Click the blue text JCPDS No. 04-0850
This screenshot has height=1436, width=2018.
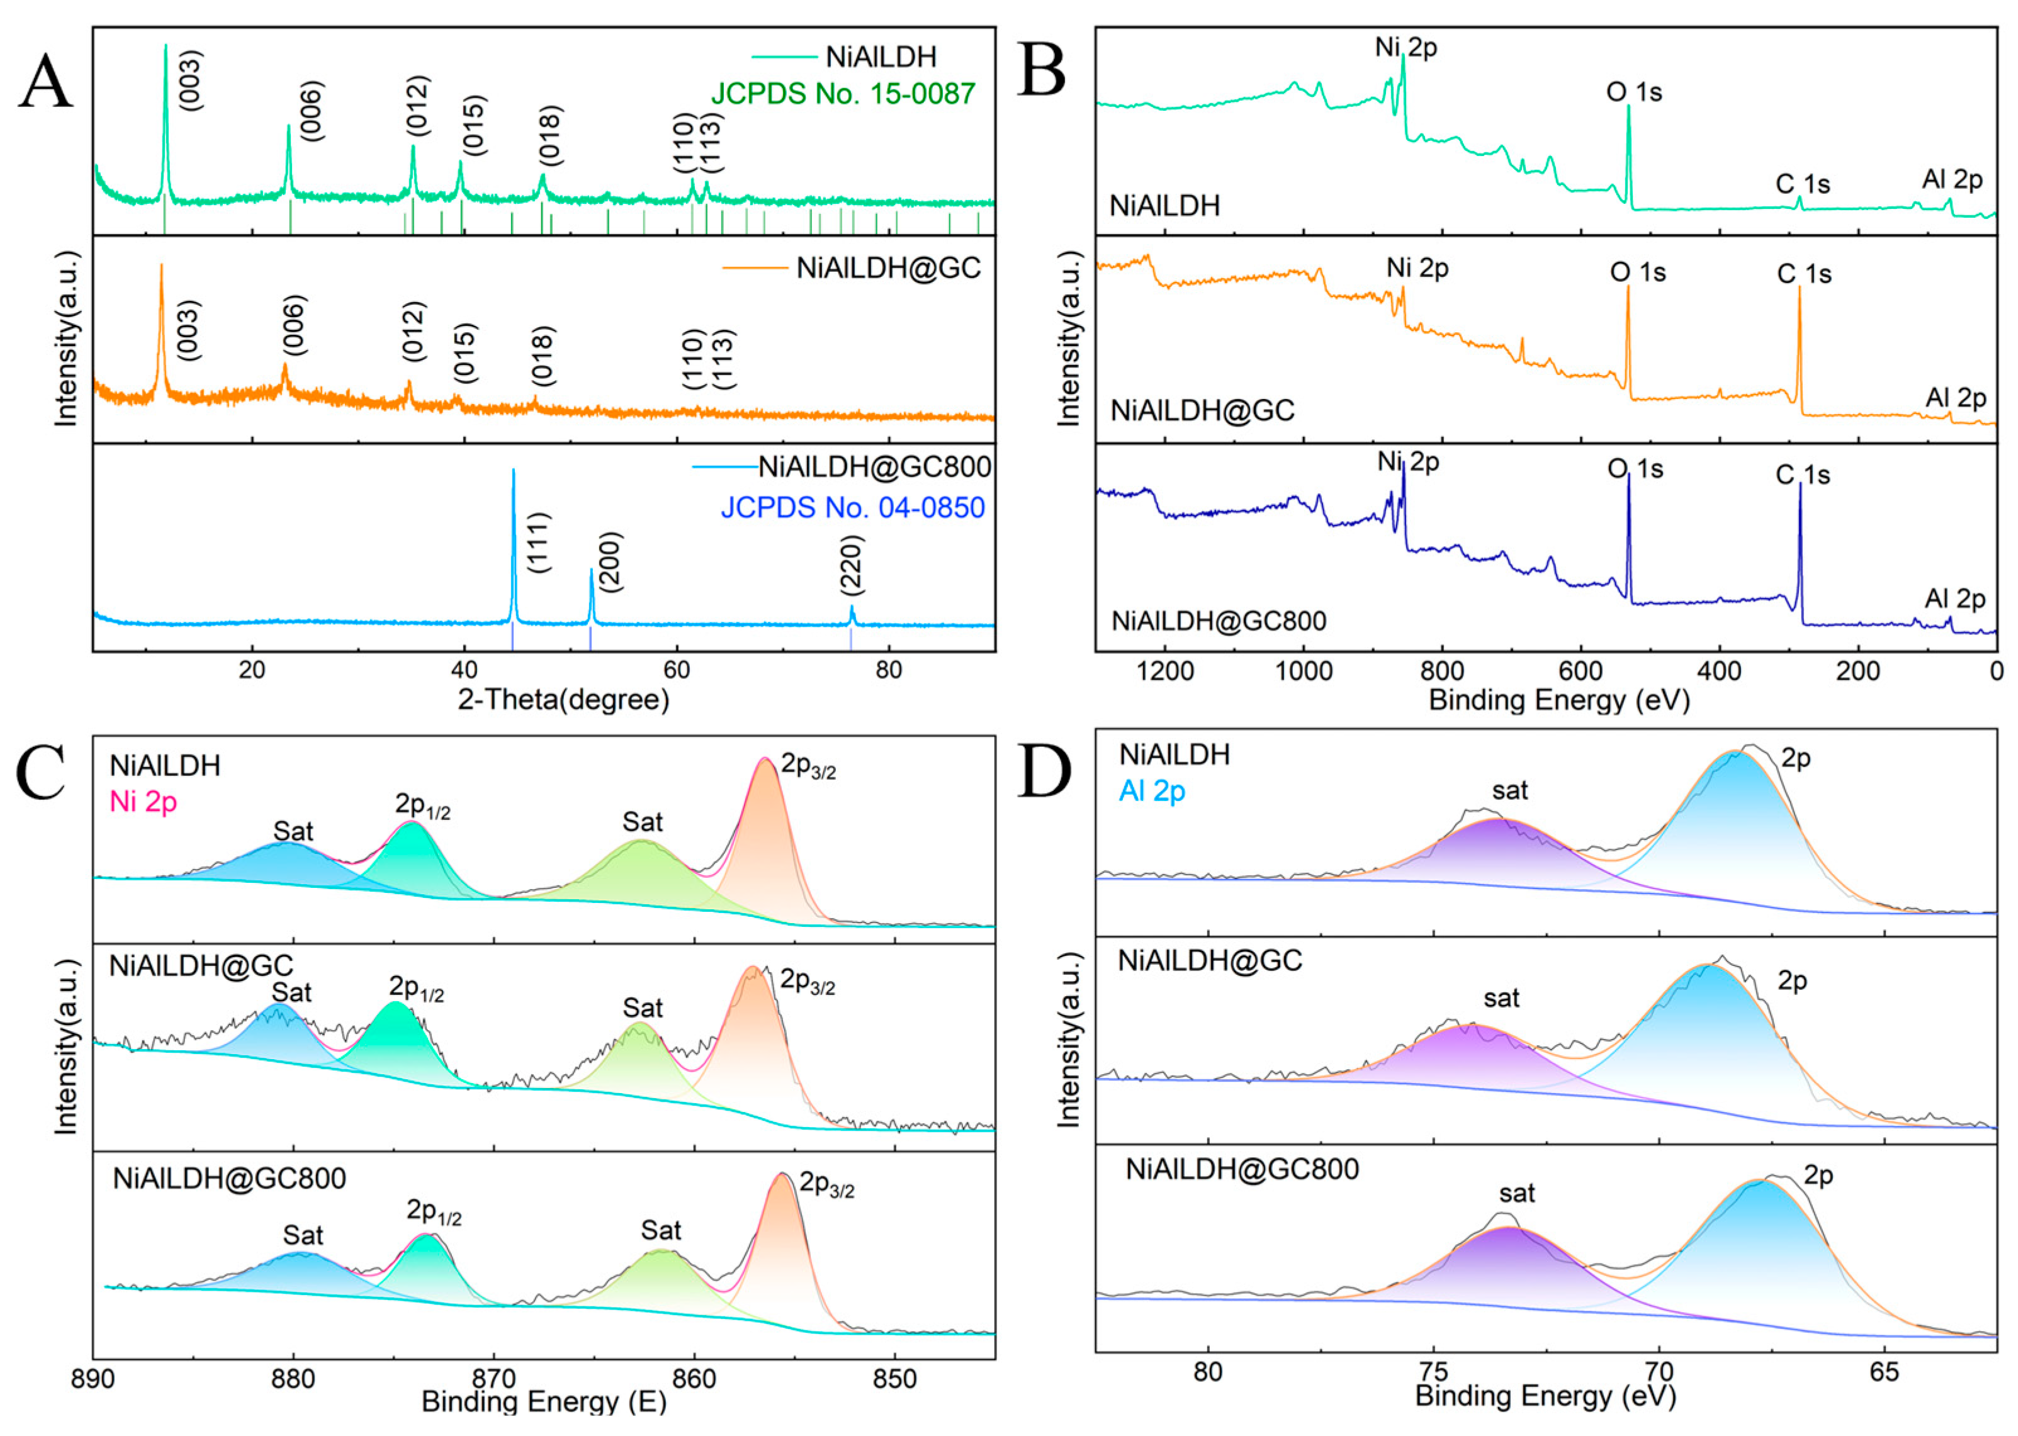pos(852,508)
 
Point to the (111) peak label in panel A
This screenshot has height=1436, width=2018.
pos(539,542)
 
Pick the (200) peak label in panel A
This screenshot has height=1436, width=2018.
pos(610,561)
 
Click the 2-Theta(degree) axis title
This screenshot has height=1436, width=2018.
pos(563,699)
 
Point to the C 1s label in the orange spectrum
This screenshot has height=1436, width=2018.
pos(1804,274)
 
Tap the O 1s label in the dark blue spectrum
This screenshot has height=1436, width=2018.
pos(1635,469)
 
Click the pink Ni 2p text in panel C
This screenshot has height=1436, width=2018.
pos(144,801)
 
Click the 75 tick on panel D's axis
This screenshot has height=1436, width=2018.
pos(1433,1372)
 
